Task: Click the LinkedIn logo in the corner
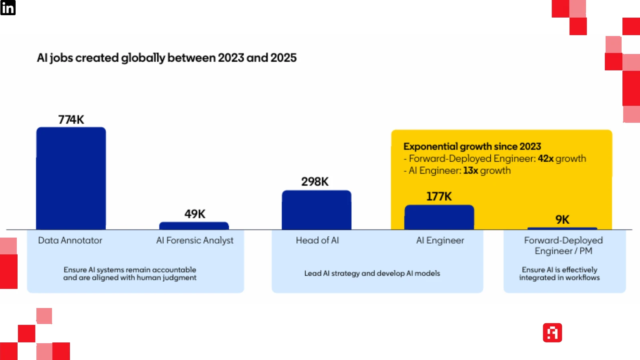[8, 8]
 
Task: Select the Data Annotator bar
[71, 178]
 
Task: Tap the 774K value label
[71, 120]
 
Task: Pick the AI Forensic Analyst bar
[194, 226]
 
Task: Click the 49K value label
[195, 214]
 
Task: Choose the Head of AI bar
[316, 210]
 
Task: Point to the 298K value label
[315, 182]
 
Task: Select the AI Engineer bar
[439, 217]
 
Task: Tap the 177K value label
[439, 196]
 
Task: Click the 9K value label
[562, 220]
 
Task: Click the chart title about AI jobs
[167, 58]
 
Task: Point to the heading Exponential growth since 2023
[472, 146]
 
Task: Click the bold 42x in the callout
[546, 158]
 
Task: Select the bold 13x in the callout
[470, 170]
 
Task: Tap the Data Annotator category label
[70, 240]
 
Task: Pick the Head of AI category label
[317, 240]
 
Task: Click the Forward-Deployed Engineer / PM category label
[563, 246]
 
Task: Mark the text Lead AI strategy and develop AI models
[372, 273]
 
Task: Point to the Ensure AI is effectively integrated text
[559, 274]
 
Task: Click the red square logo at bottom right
[552, 333]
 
